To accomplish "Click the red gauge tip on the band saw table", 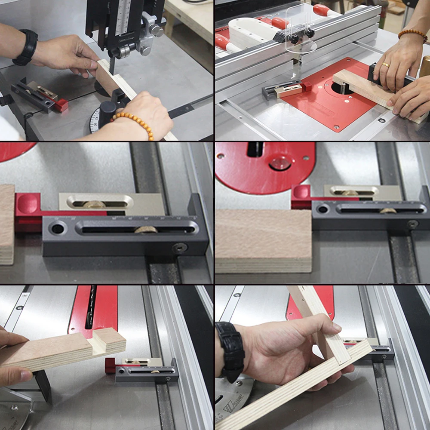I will (61, 105).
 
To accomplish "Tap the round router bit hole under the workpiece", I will (342, 88).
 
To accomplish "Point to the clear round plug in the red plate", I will (279, 163).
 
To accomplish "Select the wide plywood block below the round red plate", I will (263, 241).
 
